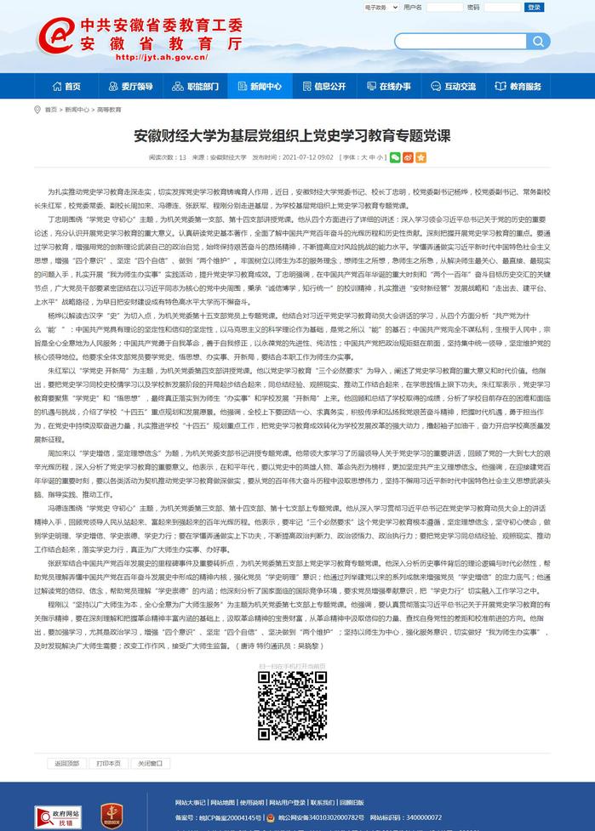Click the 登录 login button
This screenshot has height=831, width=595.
(x=534, y=7)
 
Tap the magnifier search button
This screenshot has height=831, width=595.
(x=538, y=42)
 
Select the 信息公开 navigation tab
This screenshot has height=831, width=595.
(x=323, y=86)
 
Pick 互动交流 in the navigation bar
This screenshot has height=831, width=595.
(x=454, y=86)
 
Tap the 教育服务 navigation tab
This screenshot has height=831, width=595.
(x=518, y=86)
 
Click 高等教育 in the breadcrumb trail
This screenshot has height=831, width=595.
(x=109, y=110)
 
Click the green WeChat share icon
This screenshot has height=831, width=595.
(x=395, y=157)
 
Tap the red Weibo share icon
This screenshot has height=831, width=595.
(x=408, y=157)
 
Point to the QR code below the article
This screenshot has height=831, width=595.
(x=292, y=705)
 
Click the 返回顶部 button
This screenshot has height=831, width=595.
(x=66, y=763)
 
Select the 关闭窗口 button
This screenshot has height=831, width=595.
(x=150, y=763)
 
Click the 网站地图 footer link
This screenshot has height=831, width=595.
(x=222, y=802)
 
